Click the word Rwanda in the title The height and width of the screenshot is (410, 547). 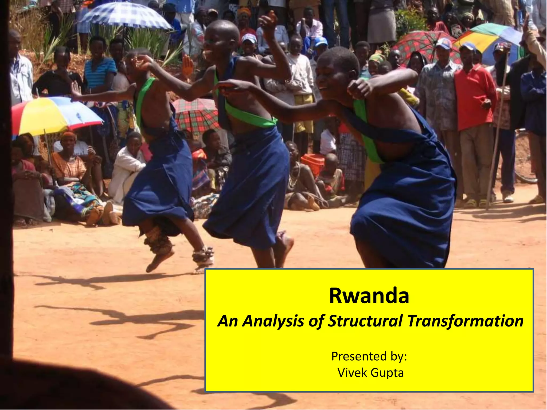pyautogui.click(x=369, y=296)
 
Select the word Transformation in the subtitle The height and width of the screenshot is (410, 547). pyautogui.click(x=465, y=321)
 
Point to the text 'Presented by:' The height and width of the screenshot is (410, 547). pyautogui.click(x=369, y=356)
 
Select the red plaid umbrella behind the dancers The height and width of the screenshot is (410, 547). pyautogui.click(x=196, y=115)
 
